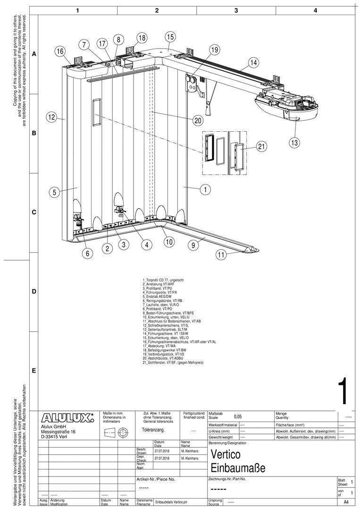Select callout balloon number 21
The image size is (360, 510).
click(x=262, y=147)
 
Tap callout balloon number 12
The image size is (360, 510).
click(x=52, y=117)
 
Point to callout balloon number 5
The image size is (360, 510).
click(x=55, y=192)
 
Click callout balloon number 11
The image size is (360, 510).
click(x=221, y=255)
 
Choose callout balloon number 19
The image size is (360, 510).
click(x=215, y=50)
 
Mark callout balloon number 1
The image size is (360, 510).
click(x=205, y=190)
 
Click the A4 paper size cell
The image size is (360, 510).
click(x=346, y=502)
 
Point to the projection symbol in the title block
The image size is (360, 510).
click(x=117, y=432)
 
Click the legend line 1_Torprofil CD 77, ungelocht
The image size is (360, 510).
click(x=163, y=280)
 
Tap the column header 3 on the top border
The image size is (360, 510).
click(x=236, y=10)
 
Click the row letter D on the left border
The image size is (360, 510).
click(x=34, y=292)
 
